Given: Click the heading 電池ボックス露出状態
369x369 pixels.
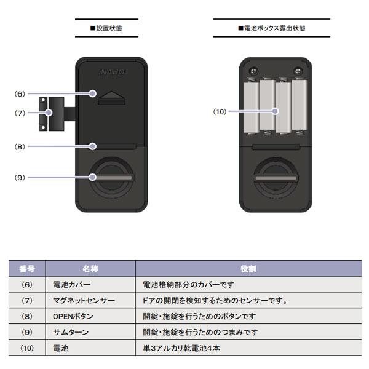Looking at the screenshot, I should pyautogui.click(x=271, y=28).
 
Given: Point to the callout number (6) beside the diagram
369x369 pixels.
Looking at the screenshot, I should pyautogui.click(x=20, y=94).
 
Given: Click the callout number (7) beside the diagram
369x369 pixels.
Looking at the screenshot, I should pyautogui.click(x=20, y=113).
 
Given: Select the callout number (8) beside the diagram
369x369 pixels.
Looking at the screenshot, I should pyautogui.click(x=20, y=146).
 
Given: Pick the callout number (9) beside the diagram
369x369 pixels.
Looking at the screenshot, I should pyautogui.click(x=20, y=177).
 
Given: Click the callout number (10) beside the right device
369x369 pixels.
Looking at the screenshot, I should pyautogui.click(x=220, y=111).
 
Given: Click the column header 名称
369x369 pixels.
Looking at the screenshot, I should pyautogui.click(x=90, y=269).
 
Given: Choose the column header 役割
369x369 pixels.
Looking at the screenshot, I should pyautogui.click(x=248, y=269).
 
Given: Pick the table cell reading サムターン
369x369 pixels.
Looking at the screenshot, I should pyautogui.click(x=71, y=332).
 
